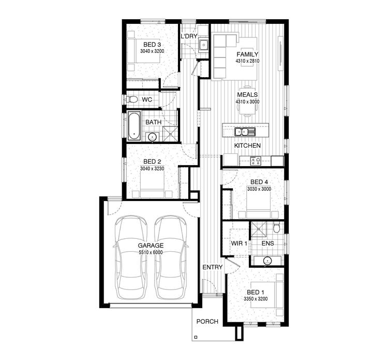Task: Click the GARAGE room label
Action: tap(151, 245)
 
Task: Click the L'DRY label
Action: tap(189, 37)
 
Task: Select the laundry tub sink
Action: tap(204, 45)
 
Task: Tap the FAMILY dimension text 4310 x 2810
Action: tap(247, 61)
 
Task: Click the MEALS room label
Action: tap(247, 95)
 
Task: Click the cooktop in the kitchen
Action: tap(256, 161)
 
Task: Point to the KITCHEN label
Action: tap(247, 146)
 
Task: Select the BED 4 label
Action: tap(259, 182)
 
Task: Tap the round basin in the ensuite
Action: tap(267, 261)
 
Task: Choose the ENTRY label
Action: tap(213, 267)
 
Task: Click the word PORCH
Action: tap(207, 321)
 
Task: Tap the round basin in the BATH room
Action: tap(152, 137)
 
